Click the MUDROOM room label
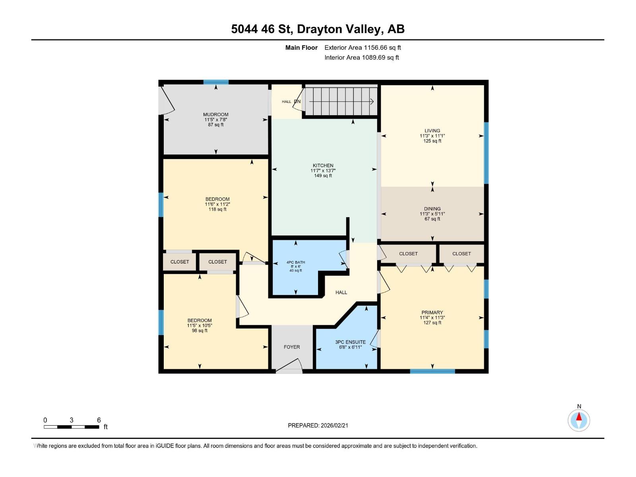pos(216,114)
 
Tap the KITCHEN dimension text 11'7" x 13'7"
pos(323,171)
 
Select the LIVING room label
pos(432,130)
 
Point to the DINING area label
pos(432,209)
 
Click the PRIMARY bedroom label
pos(432,312)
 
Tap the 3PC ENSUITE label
pos(350,342)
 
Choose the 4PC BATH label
pos(296,262)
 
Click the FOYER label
pos(292,347)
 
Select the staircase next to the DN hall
pos(341,102)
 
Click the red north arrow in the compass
pos(579,417)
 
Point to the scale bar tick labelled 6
pos(99,420)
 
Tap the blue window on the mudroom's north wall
pos(216,82)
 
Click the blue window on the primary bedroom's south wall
pos(432,371)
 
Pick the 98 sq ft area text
pos(200,331)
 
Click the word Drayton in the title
pos(319,29)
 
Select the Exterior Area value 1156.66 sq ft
pos(382,48)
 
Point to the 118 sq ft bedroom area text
pos(217,209)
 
